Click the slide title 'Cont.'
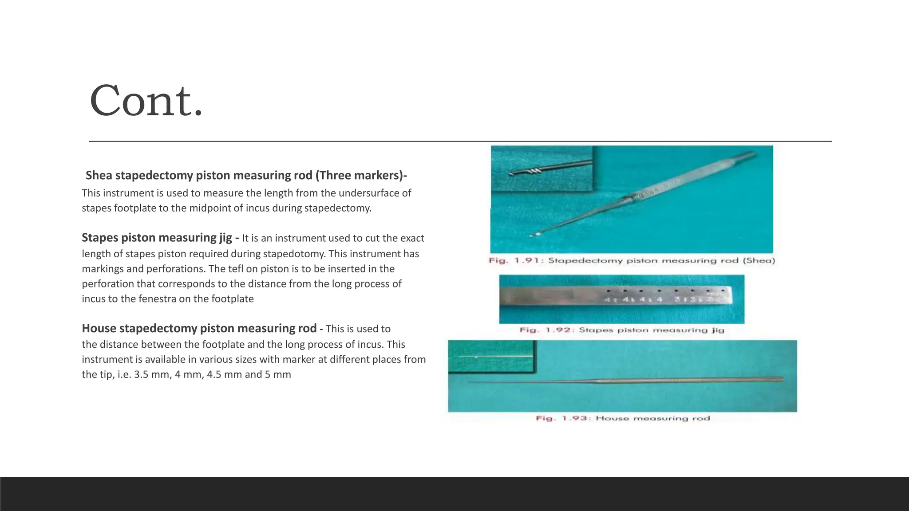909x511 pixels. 146,101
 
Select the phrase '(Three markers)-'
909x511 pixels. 361,176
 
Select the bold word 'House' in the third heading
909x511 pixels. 99,328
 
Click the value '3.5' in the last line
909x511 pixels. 141,374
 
